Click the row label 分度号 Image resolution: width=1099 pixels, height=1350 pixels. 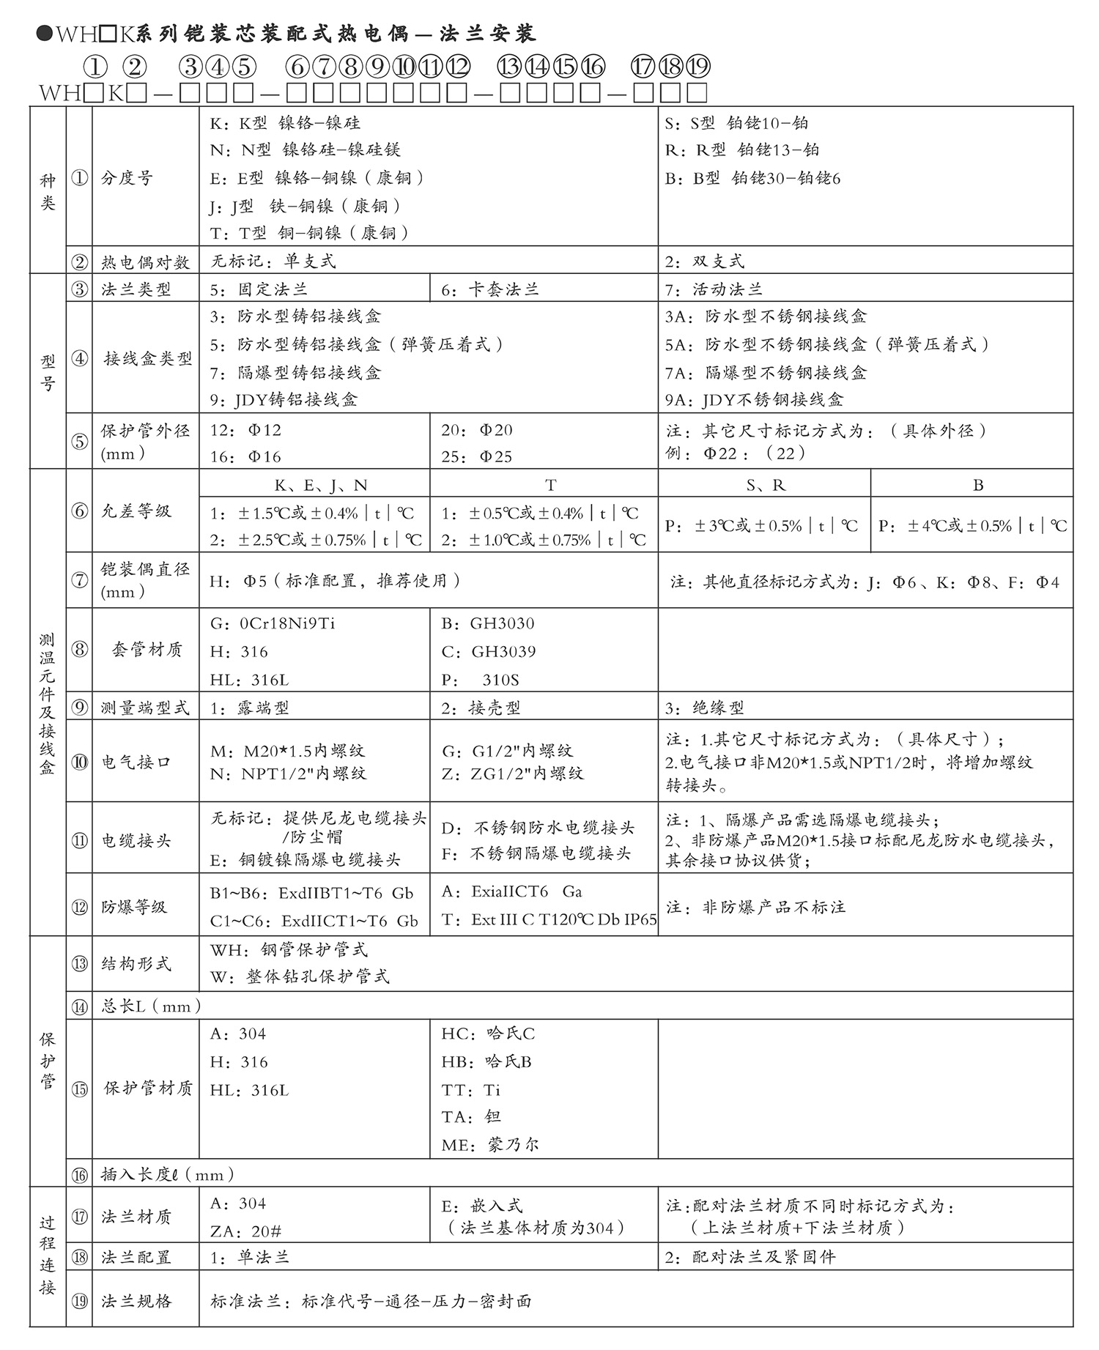pyautogui.click(x=127, y=178)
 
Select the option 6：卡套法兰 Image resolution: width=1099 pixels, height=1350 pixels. pyautogui.click(x=489, y=289)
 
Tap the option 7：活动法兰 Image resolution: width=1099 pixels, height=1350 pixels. pyautogui.click(x=713, y=289)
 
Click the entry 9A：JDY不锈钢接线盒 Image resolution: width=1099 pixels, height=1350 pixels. pyautogui.click(x=754, y=399)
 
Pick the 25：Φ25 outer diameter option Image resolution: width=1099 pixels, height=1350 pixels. pyautogui.click(x=476, y=456)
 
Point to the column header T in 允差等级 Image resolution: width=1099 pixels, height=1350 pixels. pyautogui.click(x=550, y=485)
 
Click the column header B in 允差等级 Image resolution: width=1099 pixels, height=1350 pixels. pyautogui.click(x=977, y=485)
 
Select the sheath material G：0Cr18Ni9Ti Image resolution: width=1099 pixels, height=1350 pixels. pyautogui.click(x=273, y=623)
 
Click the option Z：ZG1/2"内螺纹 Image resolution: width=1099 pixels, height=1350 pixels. pyautogui.click(x=512, y=774)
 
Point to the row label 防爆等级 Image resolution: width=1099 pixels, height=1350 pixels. pyautogui.click(x=134, y=907)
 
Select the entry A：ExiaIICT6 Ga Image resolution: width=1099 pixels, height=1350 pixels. pyautogui.click(x=511, y=891)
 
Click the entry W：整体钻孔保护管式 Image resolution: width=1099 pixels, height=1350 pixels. pyautogui.click(x=300, y=976)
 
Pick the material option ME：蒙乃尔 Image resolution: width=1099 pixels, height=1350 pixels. pyautogui.click(x=489, y=1144)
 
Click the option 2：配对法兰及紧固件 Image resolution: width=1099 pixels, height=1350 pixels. pyautogui.click(x=750, y=1257)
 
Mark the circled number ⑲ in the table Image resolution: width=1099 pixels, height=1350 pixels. pyautogui.click(x=79, y=1301)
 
